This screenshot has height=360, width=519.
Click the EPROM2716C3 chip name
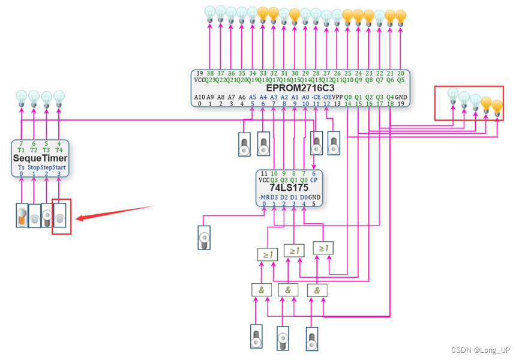coord(300,88)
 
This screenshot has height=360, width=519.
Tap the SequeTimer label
coord(41,158)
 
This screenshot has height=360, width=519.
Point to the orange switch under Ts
coord(22,215)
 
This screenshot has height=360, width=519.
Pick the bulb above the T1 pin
coord(21,97)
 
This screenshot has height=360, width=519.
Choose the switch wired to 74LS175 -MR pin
coord(204,237)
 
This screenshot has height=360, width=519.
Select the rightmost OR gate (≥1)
coord(323,248)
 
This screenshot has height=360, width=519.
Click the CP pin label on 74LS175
coord(314,179)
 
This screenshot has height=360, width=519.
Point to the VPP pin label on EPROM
coord(337,97)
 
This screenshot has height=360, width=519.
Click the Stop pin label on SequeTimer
coord(34,167)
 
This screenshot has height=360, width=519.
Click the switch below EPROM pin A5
coord(244,144)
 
